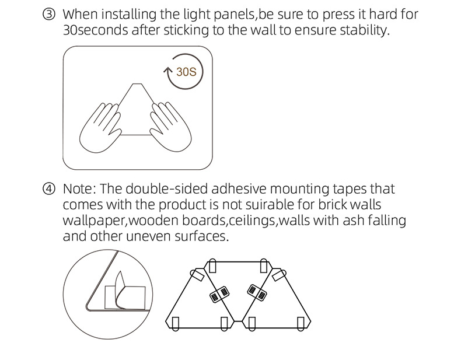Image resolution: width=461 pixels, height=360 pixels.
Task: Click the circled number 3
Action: [49, 15]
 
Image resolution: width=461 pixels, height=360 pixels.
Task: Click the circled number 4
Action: [49, 188]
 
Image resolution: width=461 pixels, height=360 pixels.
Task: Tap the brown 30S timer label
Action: [186, 72]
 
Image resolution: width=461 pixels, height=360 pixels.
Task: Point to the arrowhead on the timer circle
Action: [167, 70]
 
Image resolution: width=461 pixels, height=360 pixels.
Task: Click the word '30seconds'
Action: [96, 30]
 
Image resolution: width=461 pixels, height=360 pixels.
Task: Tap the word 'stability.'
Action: [365, 30]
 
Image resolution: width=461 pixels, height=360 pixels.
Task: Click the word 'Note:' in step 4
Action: [79, 188]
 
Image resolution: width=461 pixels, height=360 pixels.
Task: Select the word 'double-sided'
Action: [167, 188]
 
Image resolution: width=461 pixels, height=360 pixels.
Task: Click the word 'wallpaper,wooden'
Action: [121, 221]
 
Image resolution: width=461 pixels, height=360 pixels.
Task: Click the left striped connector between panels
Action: [219, 294]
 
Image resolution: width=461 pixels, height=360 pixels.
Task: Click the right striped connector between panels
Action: [257, 293]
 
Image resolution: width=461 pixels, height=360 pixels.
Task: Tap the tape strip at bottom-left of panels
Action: [176, 324]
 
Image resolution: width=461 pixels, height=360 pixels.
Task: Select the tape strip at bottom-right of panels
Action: [301, 324]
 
